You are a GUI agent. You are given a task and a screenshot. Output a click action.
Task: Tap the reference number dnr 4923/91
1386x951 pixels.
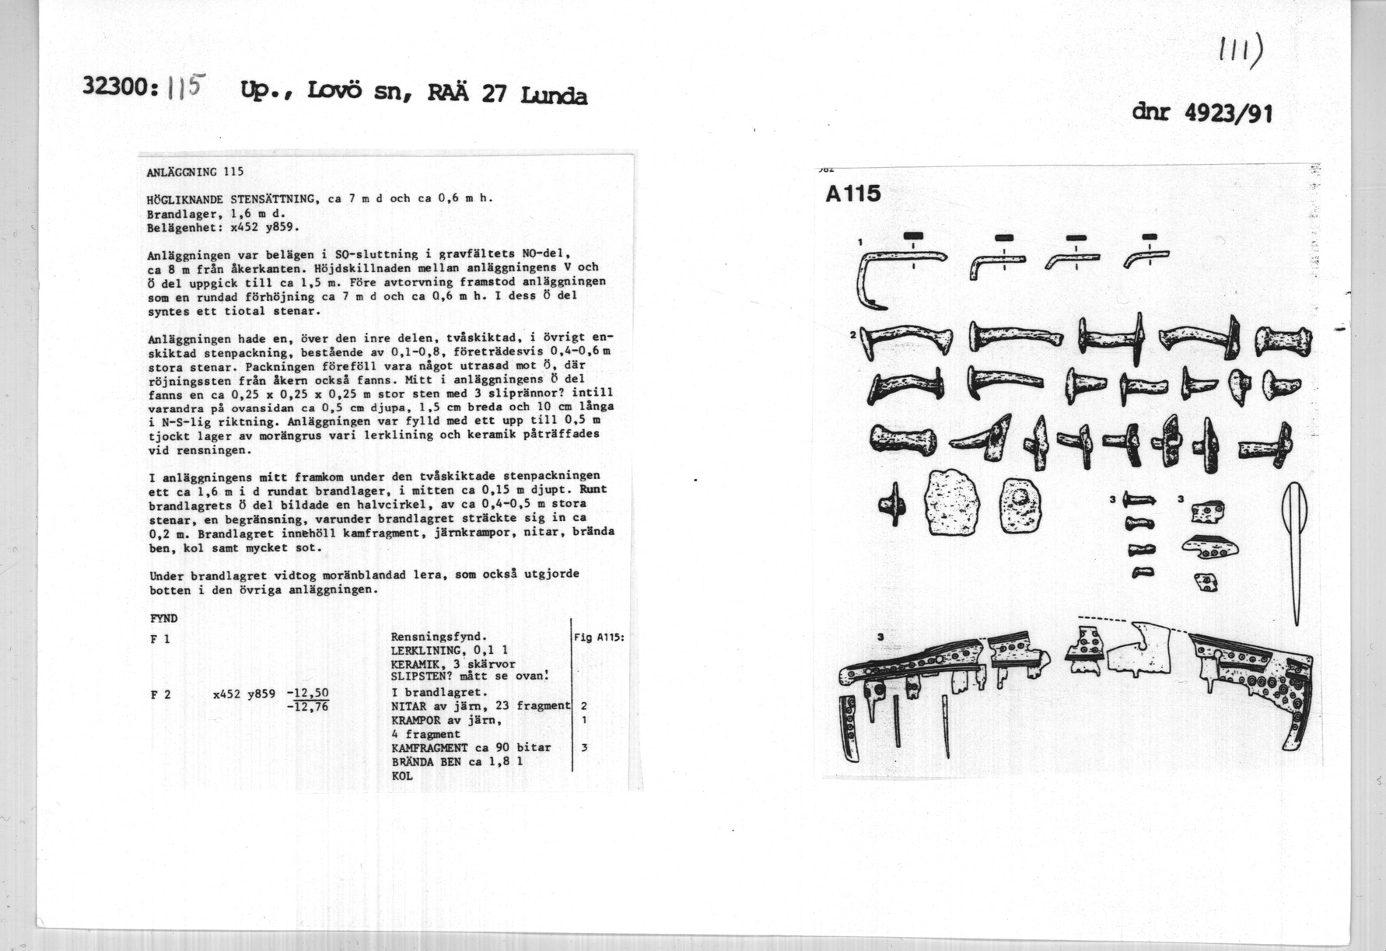[x=1202, y=114]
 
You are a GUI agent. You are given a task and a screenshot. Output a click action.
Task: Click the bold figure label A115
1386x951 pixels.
[x=853, y=194]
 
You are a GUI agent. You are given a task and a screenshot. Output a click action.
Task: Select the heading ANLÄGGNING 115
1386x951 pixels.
[x=195, y=172]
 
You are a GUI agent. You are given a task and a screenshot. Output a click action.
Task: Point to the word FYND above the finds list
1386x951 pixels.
[x=163, y=619]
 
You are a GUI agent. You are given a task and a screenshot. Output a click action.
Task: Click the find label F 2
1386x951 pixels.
[x=161, y=694]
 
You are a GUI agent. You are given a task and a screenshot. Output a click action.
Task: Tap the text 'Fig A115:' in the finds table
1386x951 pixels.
[x=599, y=637]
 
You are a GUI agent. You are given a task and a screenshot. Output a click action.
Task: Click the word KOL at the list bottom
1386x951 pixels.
[x=402, y=775]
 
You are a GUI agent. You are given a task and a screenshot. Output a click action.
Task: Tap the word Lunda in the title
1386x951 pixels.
[x=555, y=96]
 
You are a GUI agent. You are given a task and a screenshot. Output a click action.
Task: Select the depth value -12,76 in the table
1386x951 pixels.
[x=308, y=707]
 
